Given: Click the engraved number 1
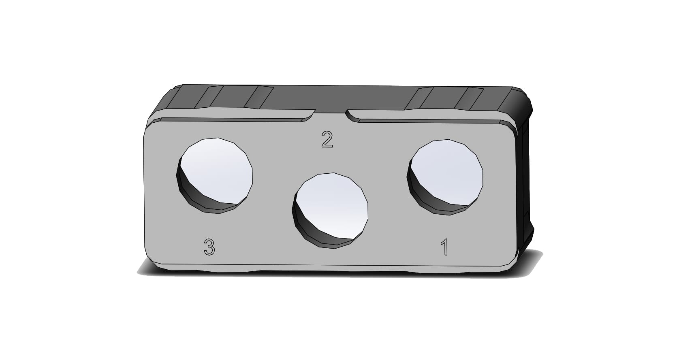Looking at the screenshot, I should click(445, 247).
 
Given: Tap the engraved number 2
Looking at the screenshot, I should click(327, 139).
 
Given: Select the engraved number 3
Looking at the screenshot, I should click(209, 247).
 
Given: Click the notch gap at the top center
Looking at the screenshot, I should click(330, 114).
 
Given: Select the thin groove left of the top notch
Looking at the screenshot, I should click(231, 119).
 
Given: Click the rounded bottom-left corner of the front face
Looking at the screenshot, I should click(151, 255).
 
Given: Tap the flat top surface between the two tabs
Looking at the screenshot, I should click(336, 97).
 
